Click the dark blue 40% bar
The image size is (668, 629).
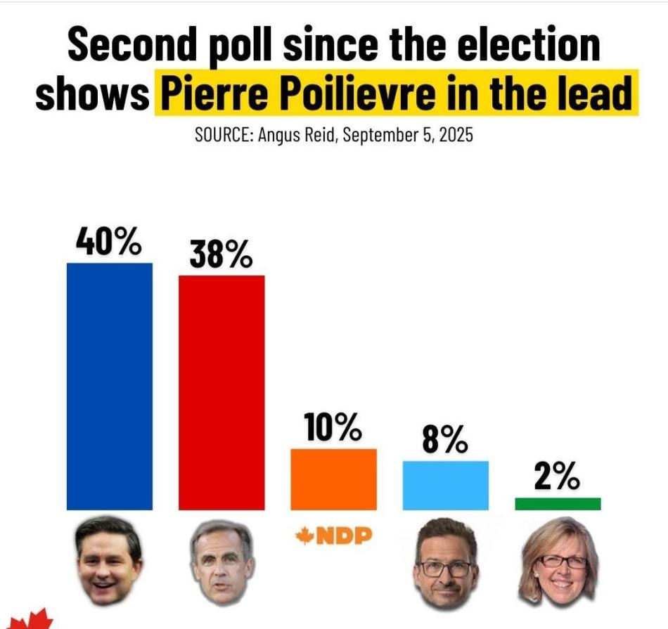109,386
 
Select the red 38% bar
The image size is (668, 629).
221,392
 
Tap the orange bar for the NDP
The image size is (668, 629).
333,479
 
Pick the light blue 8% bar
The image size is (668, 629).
445,485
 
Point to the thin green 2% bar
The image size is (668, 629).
558,504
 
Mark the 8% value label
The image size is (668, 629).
445,441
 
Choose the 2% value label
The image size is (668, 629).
557,479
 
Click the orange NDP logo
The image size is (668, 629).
333,538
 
